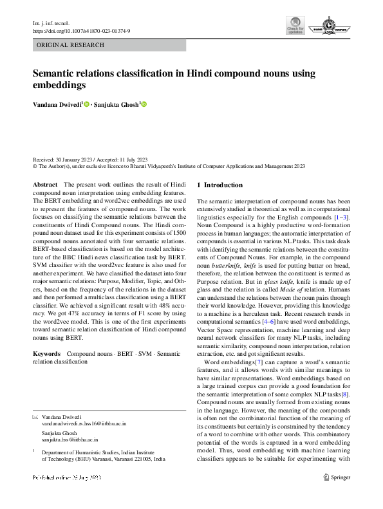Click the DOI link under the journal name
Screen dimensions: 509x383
80,31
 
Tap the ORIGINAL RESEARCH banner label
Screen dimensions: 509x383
71,46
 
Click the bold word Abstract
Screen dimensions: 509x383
45,185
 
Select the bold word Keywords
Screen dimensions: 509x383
47,354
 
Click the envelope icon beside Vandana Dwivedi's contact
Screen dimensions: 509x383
36,417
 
